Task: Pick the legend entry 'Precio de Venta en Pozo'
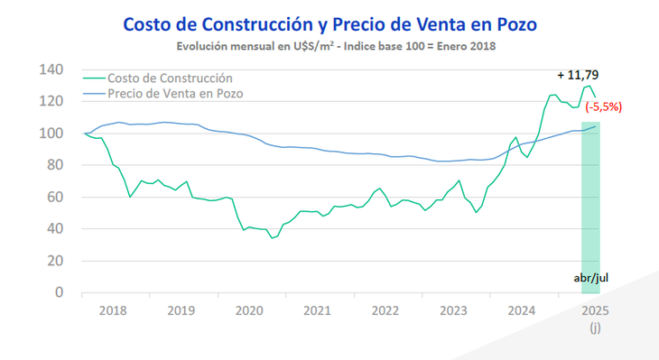[175, 93]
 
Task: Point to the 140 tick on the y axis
[51, 70]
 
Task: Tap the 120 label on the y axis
[51, 102]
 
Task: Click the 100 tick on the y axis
[51, 134]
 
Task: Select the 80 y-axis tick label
[54, 165]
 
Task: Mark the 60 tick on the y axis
[54, 197]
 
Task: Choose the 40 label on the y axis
[54, 229]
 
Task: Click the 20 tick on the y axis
[54, 261]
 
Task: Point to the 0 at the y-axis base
[59, 292]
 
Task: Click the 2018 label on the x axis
[113, 310]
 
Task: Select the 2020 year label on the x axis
[248, 310]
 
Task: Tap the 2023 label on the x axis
[454, 310]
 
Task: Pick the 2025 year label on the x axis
[592, 310]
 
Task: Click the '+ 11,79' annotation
[582, 74]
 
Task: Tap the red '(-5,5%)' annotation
[603, 106]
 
